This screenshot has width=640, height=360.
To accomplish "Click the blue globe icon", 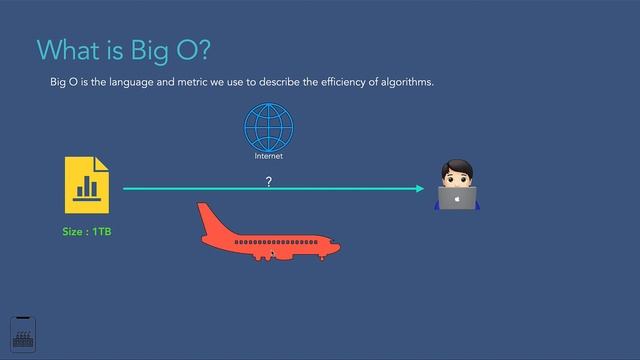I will (x=268, y=128).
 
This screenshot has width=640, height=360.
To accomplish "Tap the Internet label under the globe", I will (x=268, y=157).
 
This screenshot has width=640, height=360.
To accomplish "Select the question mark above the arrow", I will (x=268, y=181).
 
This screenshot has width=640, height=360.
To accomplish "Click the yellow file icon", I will (x=86, y=185).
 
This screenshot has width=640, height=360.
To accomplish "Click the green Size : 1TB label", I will (x=87, y=232).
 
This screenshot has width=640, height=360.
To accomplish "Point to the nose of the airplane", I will (x=337, y=247).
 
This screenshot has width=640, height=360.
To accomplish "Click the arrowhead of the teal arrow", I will (x=420, y=188).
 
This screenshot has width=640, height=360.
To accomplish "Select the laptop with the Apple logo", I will (x=457, y=198).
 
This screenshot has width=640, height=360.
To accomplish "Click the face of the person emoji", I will (x=457, y=178).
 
